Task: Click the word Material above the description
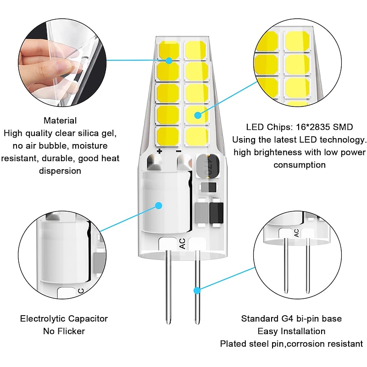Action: pos(60,121)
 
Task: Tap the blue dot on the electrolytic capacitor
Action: pos(159,206)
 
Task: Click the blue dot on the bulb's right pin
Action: pos(197,290)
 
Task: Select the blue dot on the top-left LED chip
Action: pos(169,61)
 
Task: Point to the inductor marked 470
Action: pos(208,167)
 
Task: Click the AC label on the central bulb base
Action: pos(182,244)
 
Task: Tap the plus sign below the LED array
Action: pos(160,151)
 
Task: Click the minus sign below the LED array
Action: pos(178,151)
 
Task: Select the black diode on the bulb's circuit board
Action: pos(216,213)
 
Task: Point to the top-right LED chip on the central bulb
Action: pos(196,50)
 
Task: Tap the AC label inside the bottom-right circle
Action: pos(296,233)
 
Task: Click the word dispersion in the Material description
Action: pos(60,171)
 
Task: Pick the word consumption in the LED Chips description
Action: pos(300,165)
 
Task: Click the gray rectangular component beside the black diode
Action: pos(201,213)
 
